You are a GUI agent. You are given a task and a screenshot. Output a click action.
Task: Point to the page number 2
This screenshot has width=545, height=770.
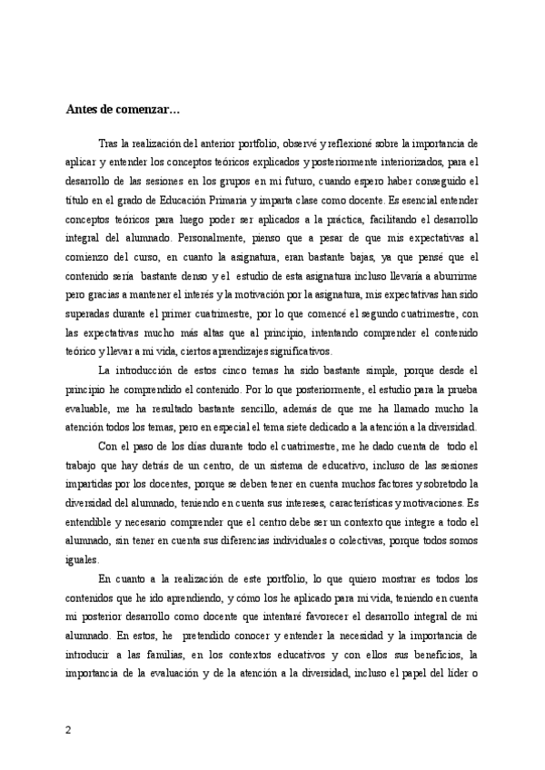68,730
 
